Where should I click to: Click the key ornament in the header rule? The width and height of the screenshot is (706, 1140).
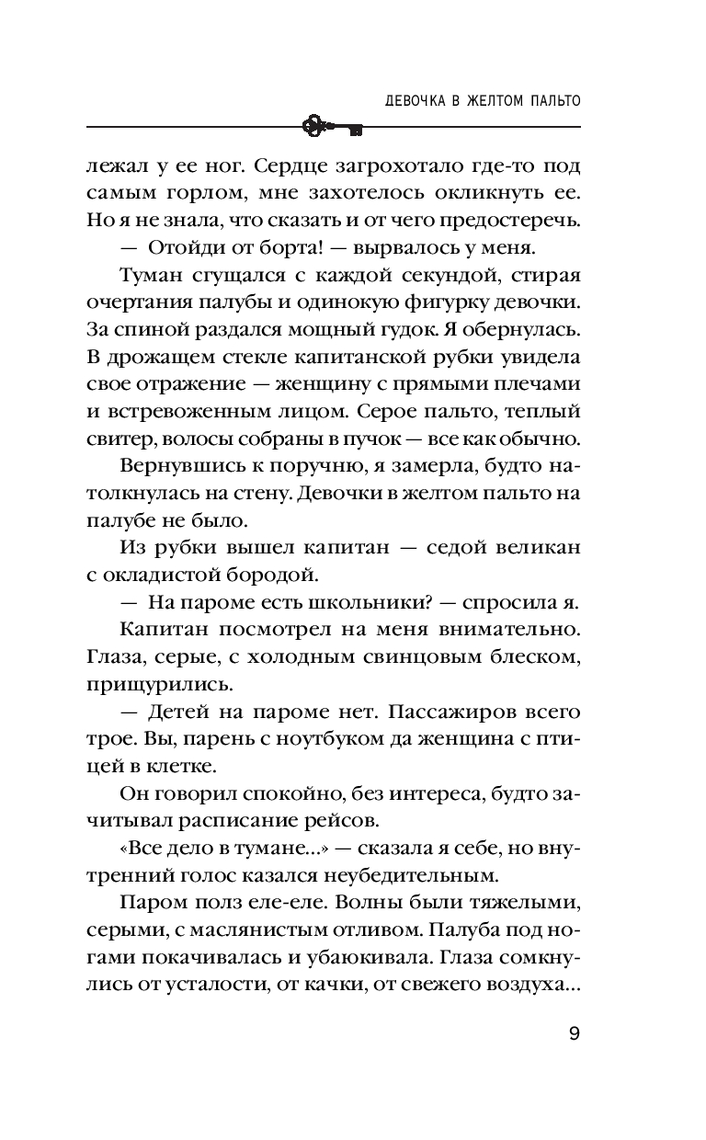[x=332, y=125]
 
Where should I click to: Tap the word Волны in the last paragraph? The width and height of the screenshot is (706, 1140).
[x=358, y=900]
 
